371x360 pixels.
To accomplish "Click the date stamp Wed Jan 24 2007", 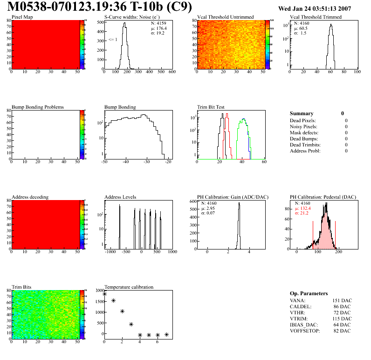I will pos(315,8).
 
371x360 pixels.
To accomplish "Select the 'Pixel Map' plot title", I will pos(22,17).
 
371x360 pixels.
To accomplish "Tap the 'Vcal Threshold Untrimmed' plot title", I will pos(226,17).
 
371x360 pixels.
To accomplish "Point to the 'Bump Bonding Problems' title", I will pos(38,107).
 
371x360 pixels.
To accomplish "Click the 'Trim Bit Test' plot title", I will pos(211,107).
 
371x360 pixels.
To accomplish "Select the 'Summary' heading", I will pos(302,113).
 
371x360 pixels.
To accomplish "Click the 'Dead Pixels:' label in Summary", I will pos(303,120).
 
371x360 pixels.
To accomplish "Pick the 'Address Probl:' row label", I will pos(305,151).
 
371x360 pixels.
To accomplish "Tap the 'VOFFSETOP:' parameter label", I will pos(305,331).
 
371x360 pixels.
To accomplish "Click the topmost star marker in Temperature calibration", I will pos(104,294).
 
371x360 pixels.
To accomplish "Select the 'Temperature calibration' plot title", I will pos(129,287).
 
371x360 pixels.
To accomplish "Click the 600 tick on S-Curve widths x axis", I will pos(172,72).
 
